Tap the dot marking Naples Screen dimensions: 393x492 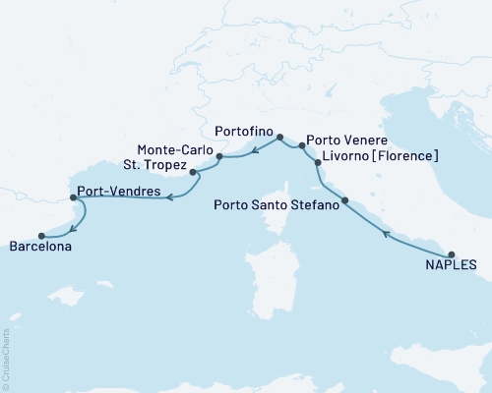[x=452, y=253]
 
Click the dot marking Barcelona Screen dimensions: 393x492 [x=41, y=236]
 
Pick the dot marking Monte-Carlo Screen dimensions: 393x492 [x=219, y=156]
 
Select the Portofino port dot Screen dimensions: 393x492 [x=279, y=138]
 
